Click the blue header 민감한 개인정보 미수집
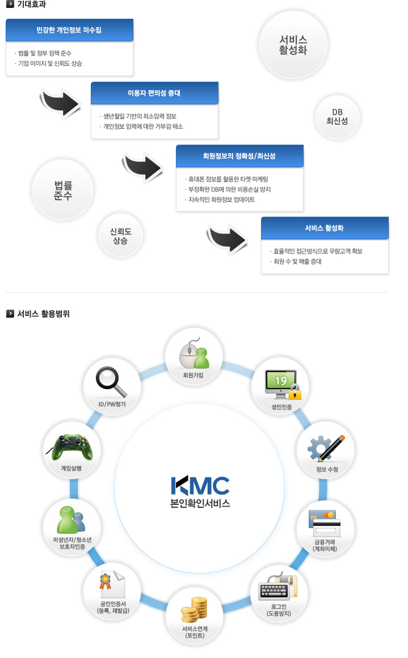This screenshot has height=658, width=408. click(69, 29)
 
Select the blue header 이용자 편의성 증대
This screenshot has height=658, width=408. click(154, 92)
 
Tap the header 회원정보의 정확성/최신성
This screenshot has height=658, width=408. click(239, 155)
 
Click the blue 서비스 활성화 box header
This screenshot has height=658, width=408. click(325, 227)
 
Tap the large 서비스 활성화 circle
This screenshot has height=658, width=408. click(293, 44)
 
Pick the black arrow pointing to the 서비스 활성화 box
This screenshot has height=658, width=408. click(227, 235)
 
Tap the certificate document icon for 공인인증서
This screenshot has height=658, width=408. click(111, 583)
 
